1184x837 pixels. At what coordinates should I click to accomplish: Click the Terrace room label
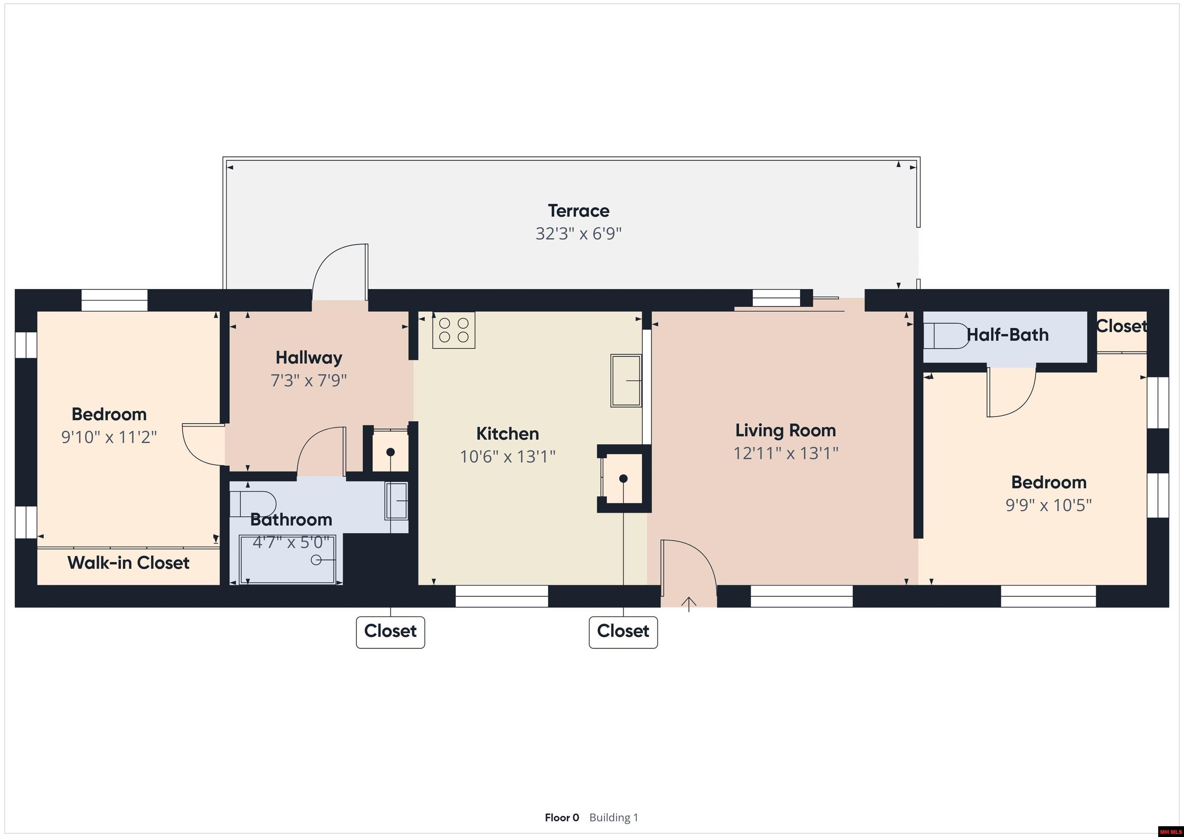click(578, 211)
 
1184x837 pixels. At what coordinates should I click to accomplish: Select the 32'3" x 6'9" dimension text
click(578, 234)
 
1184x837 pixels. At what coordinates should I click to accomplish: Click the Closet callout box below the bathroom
click(390, 632)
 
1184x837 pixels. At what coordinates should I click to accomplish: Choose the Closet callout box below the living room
click(623, 632)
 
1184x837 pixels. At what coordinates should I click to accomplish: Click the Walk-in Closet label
click(128, 563)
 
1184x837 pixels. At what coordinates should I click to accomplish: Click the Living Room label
click(785, 430)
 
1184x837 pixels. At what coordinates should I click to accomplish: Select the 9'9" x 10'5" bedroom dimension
click(1048, 505)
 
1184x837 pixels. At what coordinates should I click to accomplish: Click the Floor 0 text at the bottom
click(562, 817)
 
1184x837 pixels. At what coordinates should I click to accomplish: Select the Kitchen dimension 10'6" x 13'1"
click(508, 457)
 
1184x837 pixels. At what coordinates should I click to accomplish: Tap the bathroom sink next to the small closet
click(397, 501)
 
